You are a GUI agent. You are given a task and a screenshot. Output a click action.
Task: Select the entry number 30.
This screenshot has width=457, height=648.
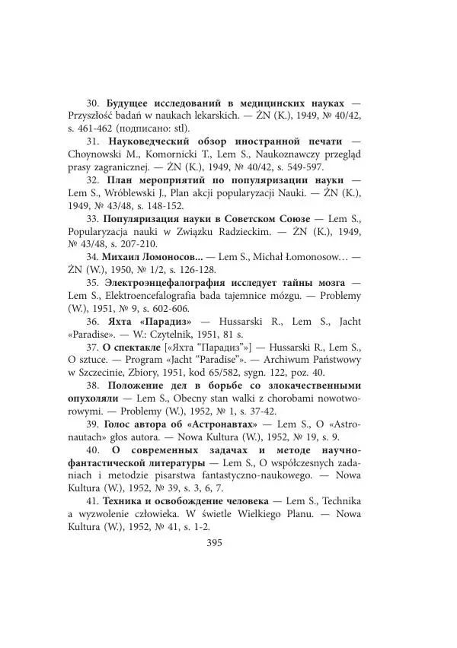(x=92, y=103)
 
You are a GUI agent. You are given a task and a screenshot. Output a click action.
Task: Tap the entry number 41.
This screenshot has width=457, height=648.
(x=92, y=501)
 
